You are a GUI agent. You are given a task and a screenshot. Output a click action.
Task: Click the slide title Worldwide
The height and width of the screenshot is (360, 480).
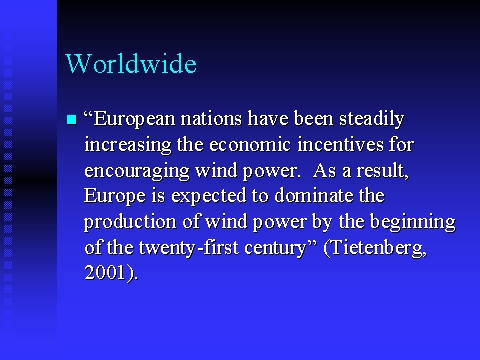[131, 63]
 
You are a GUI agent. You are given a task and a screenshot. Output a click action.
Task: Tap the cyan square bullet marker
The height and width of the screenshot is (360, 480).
[72, 119]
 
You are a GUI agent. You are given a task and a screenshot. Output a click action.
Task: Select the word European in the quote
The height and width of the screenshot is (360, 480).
[134, 120]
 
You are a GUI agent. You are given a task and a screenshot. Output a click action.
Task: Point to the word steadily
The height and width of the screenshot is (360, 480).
[372, 120]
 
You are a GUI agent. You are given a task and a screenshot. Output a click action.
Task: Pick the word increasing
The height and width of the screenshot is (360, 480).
[128, 146]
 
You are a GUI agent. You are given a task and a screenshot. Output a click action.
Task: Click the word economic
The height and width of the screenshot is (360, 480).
[250, 145]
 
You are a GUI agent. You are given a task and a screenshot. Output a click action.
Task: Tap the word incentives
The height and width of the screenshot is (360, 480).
[340, 145]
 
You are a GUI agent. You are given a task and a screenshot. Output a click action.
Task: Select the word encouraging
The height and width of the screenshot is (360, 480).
[137, 171]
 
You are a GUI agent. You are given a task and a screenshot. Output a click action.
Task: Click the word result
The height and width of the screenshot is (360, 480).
[383, 171]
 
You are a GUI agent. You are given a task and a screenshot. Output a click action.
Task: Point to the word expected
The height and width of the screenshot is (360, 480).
[209, 196]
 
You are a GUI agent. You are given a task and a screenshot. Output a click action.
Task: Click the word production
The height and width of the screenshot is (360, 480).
[130, 222]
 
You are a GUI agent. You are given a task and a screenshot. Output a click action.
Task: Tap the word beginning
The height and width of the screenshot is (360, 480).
[413, 222]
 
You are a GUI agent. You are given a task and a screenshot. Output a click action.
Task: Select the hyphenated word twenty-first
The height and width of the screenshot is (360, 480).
[189, 248]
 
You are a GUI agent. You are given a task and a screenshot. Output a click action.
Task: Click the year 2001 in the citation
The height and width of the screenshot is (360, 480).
[104, 272]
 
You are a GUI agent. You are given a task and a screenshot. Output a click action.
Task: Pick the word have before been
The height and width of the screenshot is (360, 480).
[268, 119]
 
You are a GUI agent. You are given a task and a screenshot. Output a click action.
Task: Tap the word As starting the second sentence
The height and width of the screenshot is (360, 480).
[324, 170]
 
